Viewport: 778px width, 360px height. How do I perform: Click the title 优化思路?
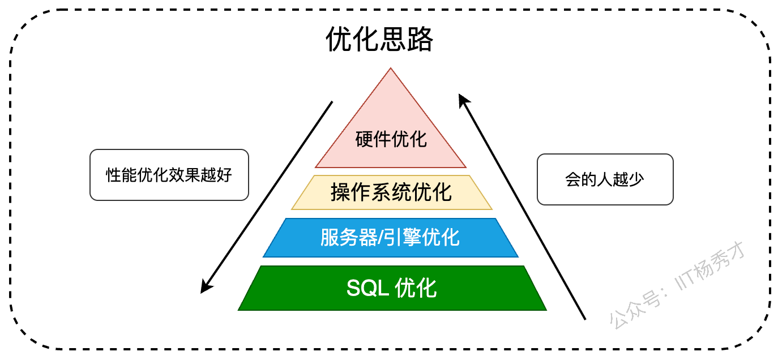(x=379, y=39)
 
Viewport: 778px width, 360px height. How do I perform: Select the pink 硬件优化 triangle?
(x=390, y=139)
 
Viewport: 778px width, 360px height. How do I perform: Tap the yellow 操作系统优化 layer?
(x=391, y=192)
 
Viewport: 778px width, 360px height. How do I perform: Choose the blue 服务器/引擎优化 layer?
(x=390, y=238)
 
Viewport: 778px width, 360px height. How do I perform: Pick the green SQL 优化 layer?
(x=392, y=288)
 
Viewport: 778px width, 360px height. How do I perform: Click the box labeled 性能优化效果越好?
(x=169, y=174)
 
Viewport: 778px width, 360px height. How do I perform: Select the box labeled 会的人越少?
(x=605, y=179)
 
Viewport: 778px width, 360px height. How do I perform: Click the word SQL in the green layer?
(x=367, y=288)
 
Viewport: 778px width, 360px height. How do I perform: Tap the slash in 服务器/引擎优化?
(x=381, y=238)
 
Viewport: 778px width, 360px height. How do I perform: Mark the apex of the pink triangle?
(x=390, y=68)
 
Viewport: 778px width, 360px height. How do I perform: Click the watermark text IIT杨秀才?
(x=710, y=266)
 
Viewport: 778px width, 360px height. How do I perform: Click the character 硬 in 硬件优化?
(x=364, y=139)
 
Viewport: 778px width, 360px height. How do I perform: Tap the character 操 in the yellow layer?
(x=340, y=192)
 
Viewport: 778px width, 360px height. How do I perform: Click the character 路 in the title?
(x=420, y=39)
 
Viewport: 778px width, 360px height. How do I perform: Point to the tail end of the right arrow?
(x=585, y=319)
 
